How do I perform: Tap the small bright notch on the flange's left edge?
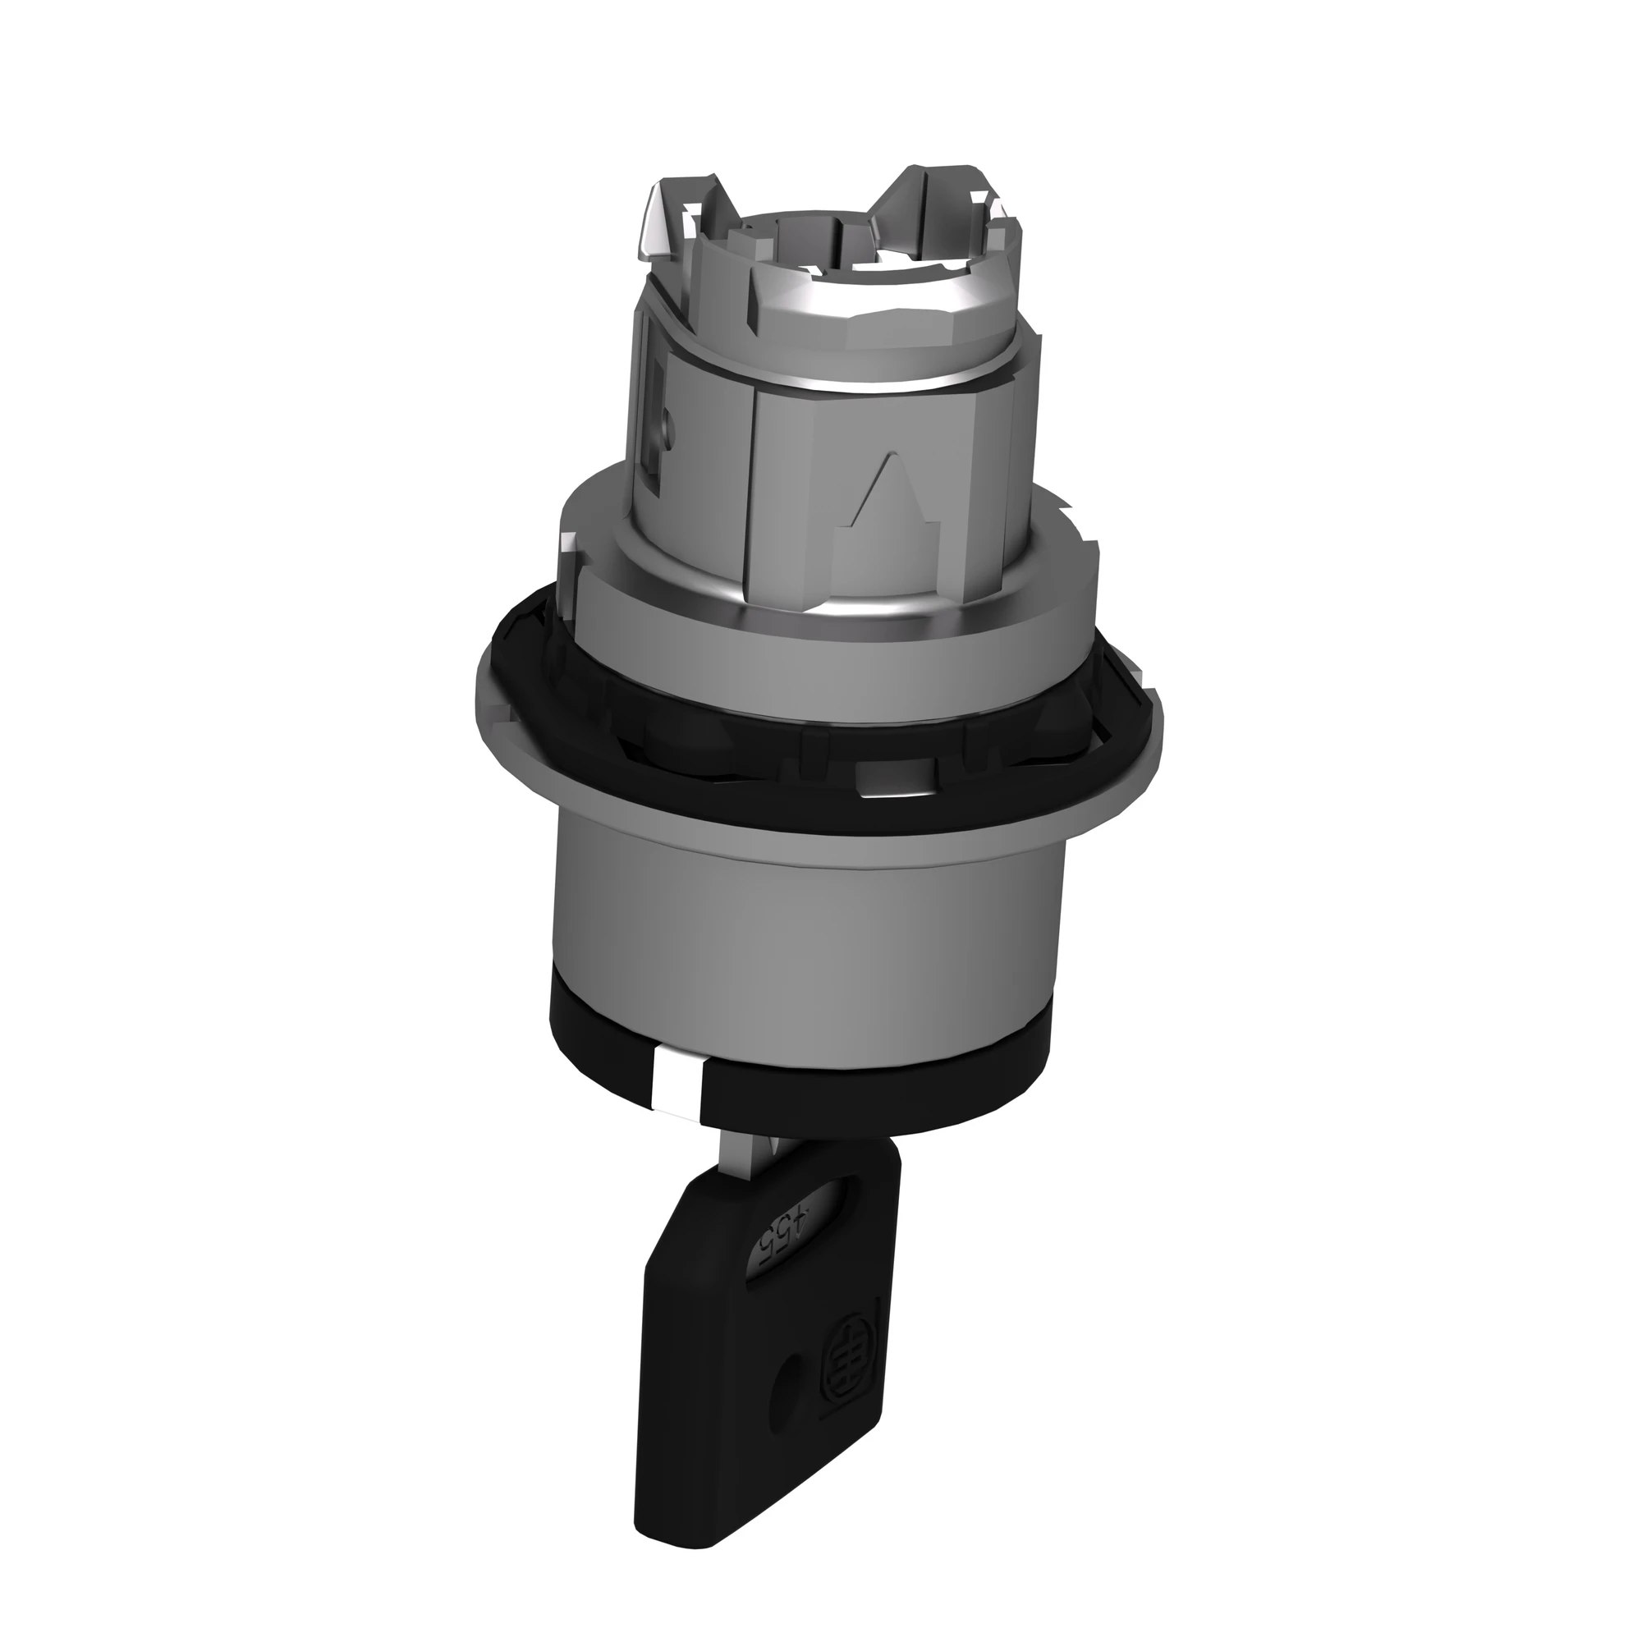tap(568, 543)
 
